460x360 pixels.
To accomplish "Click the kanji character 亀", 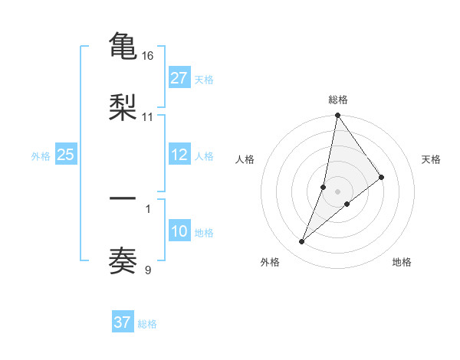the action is [123, 47].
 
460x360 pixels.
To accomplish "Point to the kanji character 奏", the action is [123, 260].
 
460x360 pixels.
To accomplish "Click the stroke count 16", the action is [148, 57].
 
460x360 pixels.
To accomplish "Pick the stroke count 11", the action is [148, 117].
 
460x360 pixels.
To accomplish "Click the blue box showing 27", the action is [179, 78].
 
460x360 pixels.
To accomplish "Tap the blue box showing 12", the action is [179, 155].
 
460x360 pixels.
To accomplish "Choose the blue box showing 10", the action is [179, 231].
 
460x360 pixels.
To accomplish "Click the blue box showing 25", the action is [65, 155].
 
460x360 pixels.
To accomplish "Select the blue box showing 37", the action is [122, 322].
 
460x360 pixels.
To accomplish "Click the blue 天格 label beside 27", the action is [204, 79].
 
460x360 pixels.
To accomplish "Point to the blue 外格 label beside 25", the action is [41, 155].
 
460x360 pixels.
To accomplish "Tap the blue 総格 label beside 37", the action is [147, 323].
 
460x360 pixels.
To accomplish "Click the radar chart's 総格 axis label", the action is [338, 100].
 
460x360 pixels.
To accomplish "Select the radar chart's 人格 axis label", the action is [245, 159].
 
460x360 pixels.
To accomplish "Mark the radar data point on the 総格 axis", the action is [338, 116].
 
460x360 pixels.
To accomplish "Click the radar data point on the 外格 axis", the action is [302, 242].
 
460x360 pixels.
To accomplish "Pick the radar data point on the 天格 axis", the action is [382, 177].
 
